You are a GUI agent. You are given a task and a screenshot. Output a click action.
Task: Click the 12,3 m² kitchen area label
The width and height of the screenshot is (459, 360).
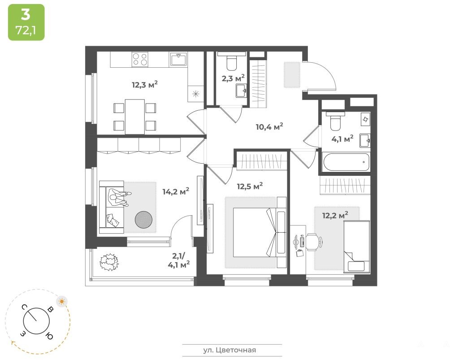145,85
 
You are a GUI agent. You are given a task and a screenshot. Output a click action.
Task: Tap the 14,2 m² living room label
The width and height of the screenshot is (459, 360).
176,191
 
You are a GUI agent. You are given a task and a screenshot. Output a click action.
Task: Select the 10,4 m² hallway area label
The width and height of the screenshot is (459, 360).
269,127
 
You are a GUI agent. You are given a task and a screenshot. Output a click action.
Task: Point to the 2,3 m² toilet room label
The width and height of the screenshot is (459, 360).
233,78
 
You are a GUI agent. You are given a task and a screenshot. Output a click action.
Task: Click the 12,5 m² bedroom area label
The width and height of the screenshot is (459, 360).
250,186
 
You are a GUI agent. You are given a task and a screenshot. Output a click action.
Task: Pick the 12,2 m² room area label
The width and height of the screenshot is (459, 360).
335,215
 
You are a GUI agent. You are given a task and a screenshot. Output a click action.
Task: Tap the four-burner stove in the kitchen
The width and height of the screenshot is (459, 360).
140,59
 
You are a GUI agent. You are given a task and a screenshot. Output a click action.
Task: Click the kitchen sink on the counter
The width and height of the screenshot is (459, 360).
178,60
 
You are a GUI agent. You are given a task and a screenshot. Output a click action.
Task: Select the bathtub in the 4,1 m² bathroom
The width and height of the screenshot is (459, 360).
346,162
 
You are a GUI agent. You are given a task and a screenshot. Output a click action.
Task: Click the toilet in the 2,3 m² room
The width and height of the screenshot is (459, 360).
231,61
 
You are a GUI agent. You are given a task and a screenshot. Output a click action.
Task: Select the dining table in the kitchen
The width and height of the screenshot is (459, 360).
134,117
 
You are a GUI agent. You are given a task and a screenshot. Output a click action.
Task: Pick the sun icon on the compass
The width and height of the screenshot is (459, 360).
62,301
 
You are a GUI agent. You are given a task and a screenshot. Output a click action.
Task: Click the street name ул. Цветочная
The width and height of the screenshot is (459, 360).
230,350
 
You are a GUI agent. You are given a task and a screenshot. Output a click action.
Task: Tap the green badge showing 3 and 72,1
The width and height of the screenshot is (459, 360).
26,22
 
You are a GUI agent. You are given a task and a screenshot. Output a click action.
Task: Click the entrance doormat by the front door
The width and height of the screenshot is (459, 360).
292,74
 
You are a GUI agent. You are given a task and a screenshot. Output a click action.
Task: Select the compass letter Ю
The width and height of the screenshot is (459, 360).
49,336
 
